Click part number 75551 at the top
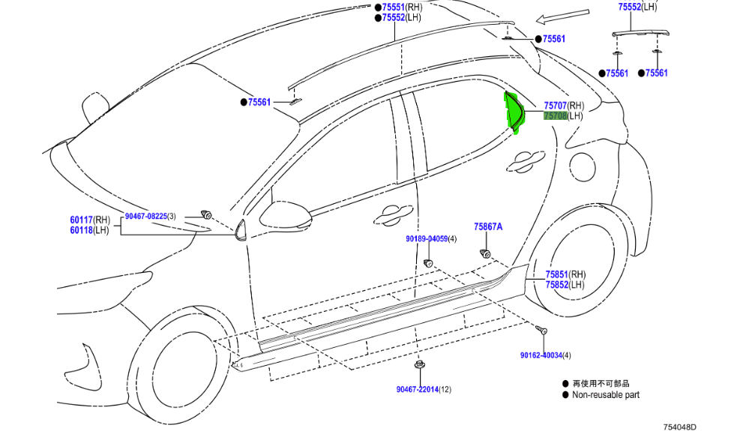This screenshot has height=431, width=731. click(393, 7)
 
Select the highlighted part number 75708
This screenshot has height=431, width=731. click(555, 116)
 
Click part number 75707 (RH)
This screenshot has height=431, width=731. click(555, 106)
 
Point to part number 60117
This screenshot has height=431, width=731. click(81, 220)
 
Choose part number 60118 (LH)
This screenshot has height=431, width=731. click(81, 230)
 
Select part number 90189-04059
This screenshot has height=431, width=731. click(427, 239)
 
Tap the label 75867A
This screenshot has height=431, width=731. click(488, 226)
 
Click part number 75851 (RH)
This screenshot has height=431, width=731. click(556, 275)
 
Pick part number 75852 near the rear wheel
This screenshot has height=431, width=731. click(556, 285)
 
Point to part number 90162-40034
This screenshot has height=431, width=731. click(541, 355)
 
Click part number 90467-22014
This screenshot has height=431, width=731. click(419, 389)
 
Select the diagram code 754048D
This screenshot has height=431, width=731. click(679, 427)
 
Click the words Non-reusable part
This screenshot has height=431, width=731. click(606, 395)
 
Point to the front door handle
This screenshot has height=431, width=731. click(394, 215)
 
